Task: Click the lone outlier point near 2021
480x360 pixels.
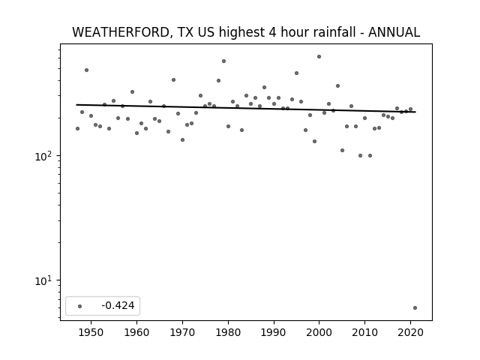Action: pos(415,308)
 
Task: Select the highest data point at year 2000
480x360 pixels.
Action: pos(319,57)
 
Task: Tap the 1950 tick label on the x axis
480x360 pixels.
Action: pos(91,333)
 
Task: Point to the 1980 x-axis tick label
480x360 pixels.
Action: pos(228,333)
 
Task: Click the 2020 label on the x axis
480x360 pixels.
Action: pos(410,333)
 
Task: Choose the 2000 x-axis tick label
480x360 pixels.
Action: pos(319,333)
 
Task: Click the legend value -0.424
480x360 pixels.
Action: pos(118,305)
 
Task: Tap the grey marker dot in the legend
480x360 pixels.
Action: pos(79,306)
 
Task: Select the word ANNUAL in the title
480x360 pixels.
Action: pos(394,32)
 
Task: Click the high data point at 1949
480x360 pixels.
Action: pos(87,70)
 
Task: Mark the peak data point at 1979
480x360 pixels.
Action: pos(223,61)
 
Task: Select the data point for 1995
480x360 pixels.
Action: pos(297,73)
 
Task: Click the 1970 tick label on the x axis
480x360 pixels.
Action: pos(182,333)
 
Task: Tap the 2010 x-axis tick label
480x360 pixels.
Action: pos(364,333)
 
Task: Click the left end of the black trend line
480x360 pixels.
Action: pos(76,105)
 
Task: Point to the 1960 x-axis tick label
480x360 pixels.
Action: pos(136,333)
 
